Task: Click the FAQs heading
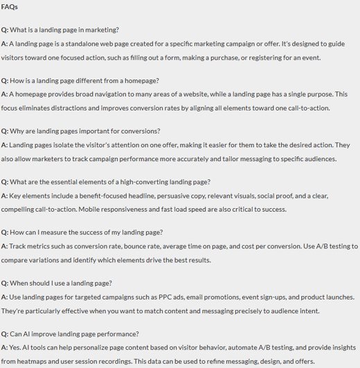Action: point(10,7)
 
